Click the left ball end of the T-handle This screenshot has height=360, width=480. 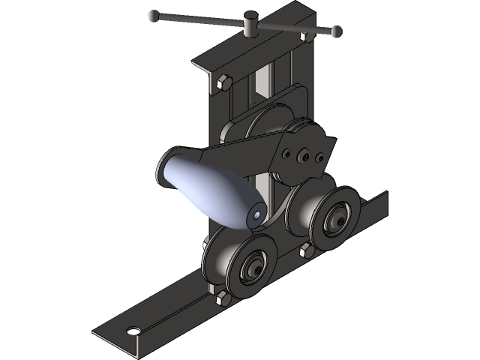tap(154, 15)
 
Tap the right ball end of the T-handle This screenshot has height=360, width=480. tap(337, 31)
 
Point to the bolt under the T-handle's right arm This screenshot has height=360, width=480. tap(303, 36)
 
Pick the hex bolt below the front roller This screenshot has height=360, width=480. tap(220, 300)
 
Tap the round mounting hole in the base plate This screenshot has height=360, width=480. tap(133, 330)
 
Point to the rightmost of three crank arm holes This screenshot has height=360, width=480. tap(319, 157)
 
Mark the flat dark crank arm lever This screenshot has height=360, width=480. tap(240, 154)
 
